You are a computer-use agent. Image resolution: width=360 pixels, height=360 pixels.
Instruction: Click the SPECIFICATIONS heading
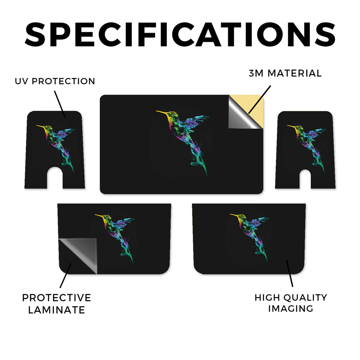coord(180,34)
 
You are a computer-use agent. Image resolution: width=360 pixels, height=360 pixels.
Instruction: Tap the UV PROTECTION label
coord(55,81)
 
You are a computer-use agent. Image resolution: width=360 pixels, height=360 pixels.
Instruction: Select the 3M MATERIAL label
coord(285,73)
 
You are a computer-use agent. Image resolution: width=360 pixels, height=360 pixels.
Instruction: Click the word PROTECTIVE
coord(57,298)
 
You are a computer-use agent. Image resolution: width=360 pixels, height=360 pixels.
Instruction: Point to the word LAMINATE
coord(57,310)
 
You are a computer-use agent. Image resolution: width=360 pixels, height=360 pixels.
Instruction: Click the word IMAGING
coord(291,309)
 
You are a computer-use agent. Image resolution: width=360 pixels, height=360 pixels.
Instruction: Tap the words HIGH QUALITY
coord(291,297)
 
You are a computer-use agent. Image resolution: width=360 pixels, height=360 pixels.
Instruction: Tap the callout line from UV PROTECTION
coord(60,104)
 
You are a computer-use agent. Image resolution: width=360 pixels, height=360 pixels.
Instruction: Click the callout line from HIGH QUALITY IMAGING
coord(290,273)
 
